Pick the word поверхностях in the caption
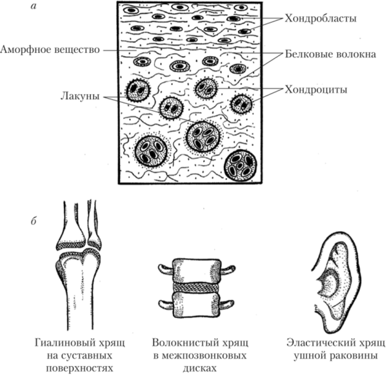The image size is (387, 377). tap(79, 368)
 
